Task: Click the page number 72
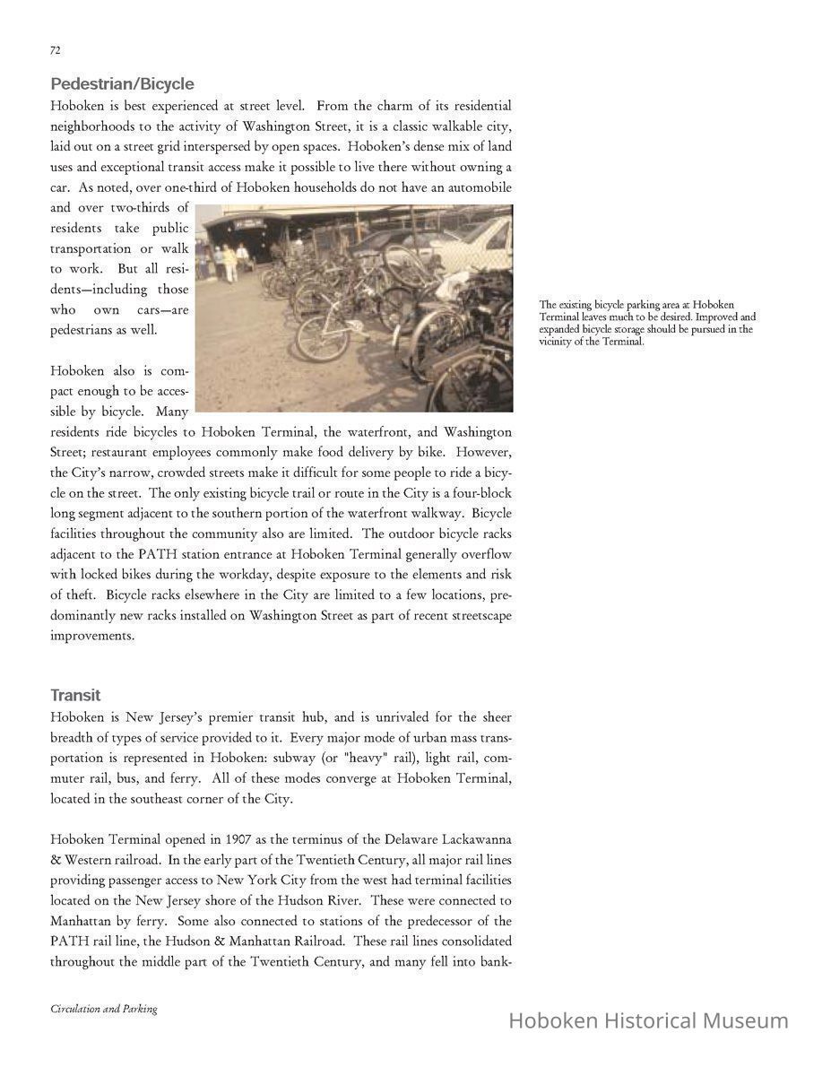[x=55, y=50]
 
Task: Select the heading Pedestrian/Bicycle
[x=122, y=84]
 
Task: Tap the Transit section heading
[x=75, y=696]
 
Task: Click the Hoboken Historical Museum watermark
[x=648, y=1020]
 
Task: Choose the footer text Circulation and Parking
[x=103, y=1009]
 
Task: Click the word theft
[x=81, y=595]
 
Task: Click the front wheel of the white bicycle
[x=322, y=339]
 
